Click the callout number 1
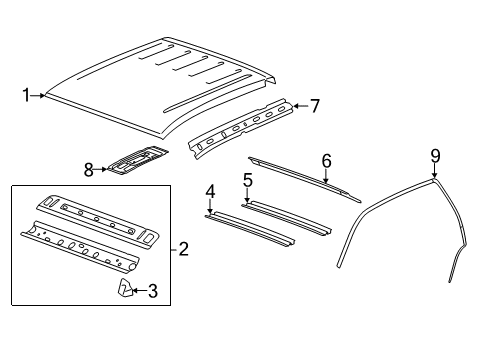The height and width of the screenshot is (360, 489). [26, 96]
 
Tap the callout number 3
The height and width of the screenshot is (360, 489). [153, 291]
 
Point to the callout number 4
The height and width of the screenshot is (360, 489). [210, 191]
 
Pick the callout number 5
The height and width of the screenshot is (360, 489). [246, 181]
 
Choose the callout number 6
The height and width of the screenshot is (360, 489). [325, 160]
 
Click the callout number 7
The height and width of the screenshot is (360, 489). [314, 104]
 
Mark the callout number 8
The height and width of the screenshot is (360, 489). [88, 170]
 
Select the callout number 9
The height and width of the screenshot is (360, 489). [435, 154]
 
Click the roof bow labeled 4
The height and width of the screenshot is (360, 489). [250, 228]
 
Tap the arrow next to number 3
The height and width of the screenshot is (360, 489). [141, 291]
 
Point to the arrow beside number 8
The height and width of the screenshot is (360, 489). [101, 170]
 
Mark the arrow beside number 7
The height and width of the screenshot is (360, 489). [301, 104]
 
